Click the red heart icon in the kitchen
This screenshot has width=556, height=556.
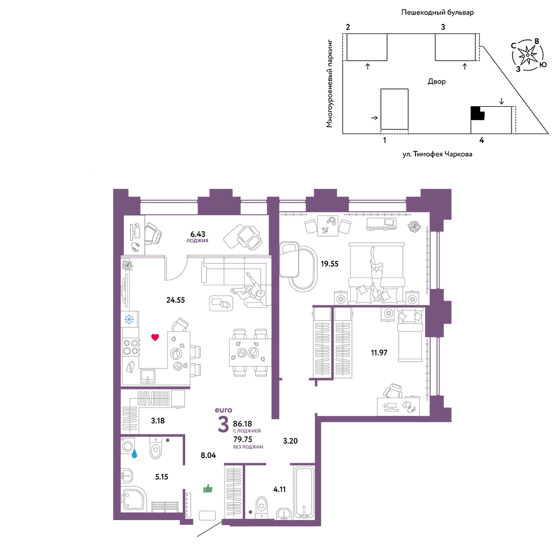coord(155,337)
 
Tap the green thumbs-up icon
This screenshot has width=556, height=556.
coord(208,489)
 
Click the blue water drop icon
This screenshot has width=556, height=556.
coord(135,454)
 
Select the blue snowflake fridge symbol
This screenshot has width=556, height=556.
coord(129,320)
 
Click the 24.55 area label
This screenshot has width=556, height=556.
coord(176,300)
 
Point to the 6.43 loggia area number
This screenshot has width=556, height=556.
coord(198,234)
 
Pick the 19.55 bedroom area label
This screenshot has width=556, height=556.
coord(330,264)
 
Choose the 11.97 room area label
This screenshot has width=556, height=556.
coord(379,353)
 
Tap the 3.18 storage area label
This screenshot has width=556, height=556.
coord(158,421)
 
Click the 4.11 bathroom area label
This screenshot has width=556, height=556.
coord(280,489)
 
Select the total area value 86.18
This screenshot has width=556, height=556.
coord(242,424)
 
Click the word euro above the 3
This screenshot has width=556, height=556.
coord(224,410)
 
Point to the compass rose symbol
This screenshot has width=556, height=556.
coord(528,55)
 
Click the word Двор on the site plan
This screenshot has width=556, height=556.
coord(436,82)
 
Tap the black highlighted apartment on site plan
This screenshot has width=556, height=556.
coord(477,113)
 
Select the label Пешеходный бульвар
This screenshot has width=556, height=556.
coord(438,12)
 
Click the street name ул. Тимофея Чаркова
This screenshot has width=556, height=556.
coord(437,154)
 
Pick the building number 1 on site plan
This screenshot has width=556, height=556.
coord(385,141)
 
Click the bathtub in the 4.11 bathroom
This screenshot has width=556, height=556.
coord(304,492)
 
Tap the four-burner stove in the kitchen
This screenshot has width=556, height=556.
coord(131,347)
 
